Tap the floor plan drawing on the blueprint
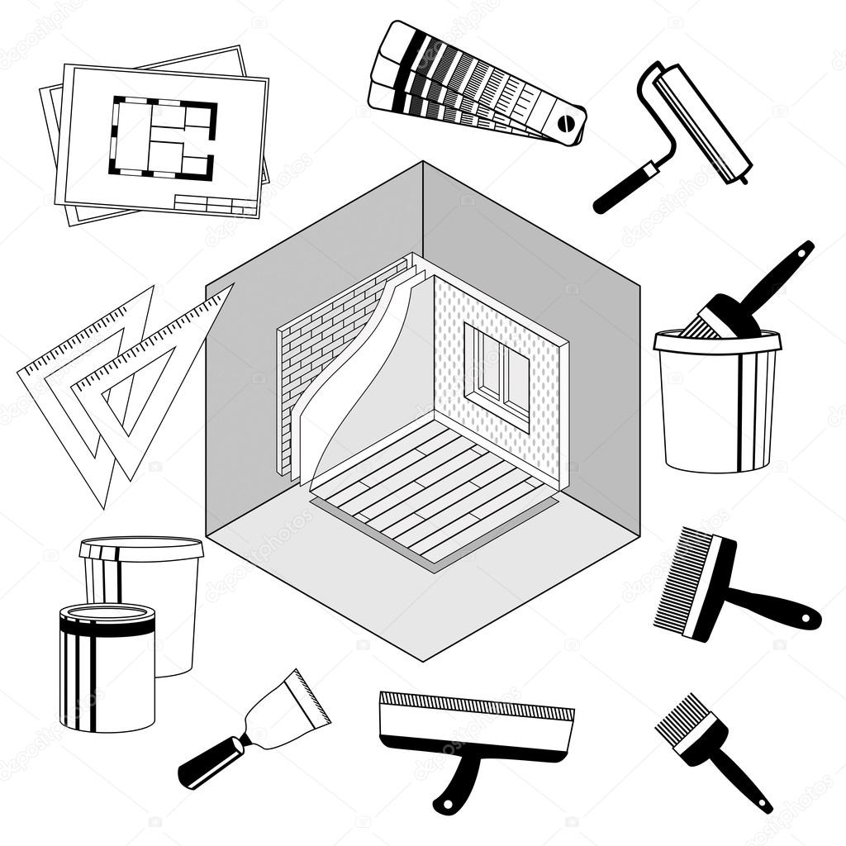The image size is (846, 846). click(x=163, y=138)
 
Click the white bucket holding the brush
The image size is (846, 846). click(x=715, y=405)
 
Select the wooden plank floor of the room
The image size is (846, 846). click(x=430, y=496)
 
